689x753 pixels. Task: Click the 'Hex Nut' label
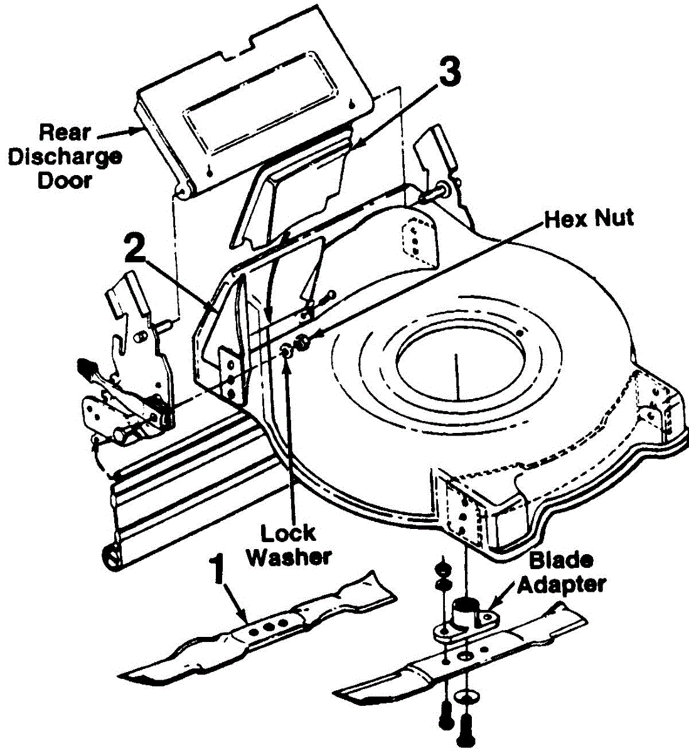coord(589,218)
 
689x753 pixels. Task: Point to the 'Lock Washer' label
coord(288,545)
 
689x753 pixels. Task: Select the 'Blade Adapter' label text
coord(560,572)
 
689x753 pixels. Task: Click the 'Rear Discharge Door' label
coord(65,156)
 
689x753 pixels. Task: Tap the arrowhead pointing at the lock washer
coord(287,364)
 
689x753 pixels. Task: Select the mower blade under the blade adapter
coord(461,662)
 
